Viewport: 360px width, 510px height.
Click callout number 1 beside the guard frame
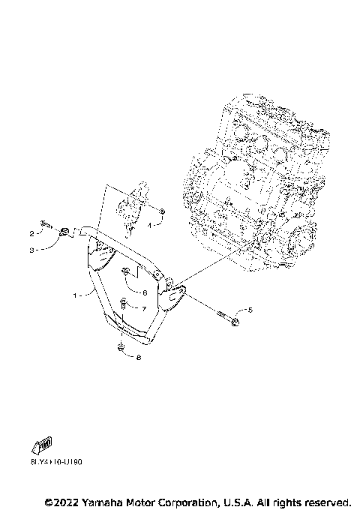(76, 295)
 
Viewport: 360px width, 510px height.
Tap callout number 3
(32, 250)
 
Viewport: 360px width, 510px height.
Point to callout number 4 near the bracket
(151, 223)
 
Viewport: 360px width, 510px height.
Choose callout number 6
(144, 292)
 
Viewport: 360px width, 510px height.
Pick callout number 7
(144, 308)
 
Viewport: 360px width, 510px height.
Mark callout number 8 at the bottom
(138, 358)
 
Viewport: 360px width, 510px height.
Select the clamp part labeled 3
(64, 232)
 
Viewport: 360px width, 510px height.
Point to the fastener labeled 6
(127, 271)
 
